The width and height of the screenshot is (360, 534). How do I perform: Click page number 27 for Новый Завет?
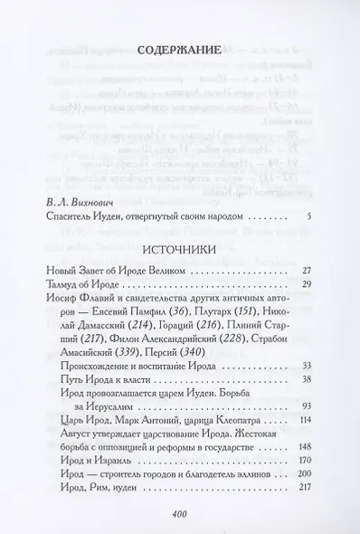point(305,295)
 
